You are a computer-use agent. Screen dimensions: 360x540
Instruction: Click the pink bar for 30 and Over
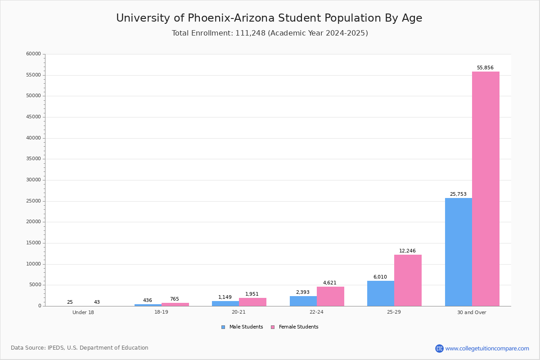tap(486, 189)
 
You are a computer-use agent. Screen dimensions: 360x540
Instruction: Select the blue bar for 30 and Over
tap(459, 252)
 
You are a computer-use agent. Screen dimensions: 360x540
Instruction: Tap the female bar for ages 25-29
tap(408, 280)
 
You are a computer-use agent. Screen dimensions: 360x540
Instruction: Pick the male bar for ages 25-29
tap(381, 293)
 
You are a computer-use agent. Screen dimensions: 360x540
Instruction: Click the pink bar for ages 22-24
tap(330, 297)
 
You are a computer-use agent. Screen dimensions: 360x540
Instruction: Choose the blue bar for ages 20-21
tap(225, 304)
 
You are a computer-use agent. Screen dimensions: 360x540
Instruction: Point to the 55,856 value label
tap(485, 68)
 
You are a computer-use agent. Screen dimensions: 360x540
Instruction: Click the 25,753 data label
tap(458, 194)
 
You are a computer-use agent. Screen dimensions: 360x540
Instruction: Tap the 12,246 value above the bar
tap(407, 251)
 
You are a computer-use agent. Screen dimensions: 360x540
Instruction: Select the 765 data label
tap(174, 299)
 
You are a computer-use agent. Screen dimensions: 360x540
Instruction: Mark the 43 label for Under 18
tap(97, 302)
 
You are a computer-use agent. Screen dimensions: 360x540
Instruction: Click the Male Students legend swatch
tap(223, 327)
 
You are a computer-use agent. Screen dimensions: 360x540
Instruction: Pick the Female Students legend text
tap(298, 327)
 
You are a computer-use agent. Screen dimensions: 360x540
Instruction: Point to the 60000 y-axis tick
tap(33, 54)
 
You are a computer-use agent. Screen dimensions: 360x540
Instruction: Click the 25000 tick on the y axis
tap(33, 201)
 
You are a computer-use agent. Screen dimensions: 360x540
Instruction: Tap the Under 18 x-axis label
tap(83, 312)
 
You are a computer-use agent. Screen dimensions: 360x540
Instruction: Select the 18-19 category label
tap(161, 312)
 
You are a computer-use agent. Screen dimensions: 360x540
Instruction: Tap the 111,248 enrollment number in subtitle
tap(250, 33)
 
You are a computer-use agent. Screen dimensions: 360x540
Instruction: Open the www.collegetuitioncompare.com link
tap(487, 348)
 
